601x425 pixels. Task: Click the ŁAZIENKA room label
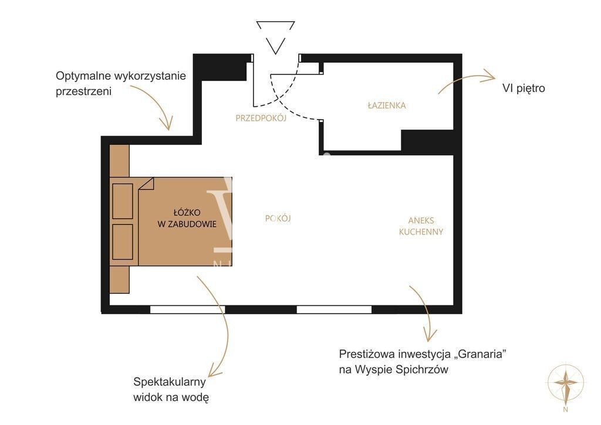386,106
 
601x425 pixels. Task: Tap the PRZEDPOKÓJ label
261,118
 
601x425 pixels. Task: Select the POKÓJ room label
278,218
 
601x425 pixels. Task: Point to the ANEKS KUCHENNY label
421,226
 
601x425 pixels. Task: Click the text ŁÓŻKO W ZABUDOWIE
187,218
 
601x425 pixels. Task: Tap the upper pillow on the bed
123,201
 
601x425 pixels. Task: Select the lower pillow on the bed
123,242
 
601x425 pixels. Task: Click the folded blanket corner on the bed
146,184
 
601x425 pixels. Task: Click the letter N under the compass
566,409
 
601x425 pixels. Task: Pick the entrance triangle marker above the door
276,38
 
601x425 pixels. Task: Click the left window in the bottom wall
187,310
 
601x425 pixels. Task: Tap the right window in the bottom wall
334,310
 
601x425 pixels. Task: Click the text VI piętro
524,89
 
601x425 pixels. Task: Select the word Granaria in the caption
480,354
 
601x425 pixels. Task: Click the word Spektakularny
170,382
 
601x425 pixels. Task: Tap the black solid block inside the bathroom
427,141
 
